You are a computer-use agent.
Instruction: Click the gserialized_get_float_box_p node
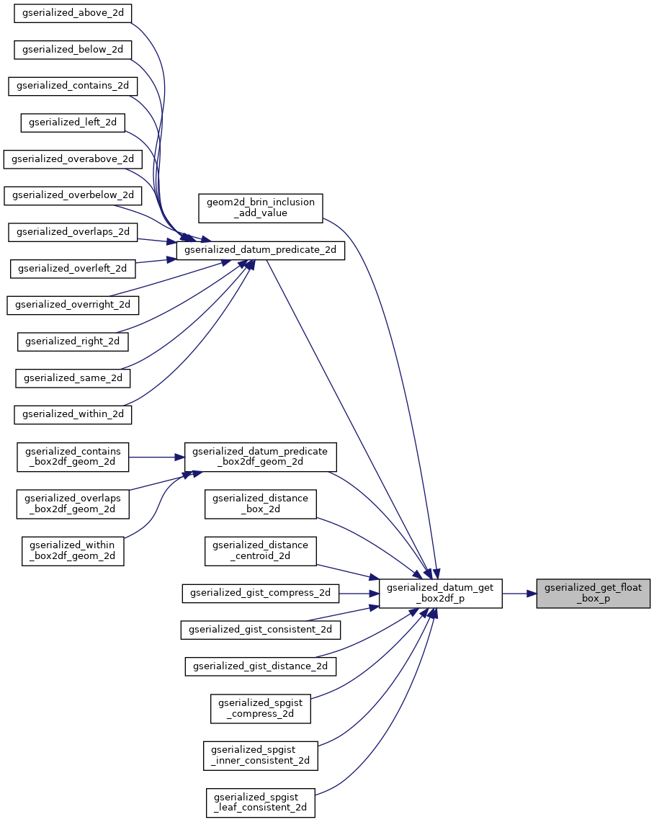[x=593, y=594]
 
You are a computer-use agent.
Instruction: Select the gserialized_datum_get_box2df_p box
[x=440, y=594]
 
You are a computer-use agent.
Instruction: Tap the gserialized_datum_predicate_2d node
[x=261, y=250]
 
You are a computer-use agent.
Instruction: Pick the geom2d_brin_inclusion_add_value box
[x=261, y=207]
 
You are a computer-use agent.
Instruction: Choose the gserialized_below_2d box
[x=73, y=50]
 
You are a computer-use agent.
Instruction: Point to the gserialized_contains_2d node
[x=73, y=86]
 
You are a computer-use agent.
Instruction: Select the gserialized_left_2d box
[x=73, y=122]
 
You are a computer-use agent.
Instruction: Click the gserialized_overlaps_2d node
[x=73, y=232]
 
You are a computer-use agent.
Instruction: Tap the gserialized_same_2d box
[x=73, y=378]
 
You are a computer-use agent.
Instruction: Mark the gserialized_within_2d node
[x=73, y=414]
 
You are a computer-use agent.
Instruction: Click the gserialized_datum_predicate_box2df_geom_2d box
[x=261, y=457]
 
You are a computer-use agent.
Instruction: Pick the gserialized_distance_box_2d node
[x=261, y=504]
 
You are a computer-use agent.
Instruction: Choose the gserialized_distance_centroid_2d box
[x=261, y=550]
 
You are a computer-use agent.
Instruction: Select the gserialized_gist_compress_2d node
[x=260, y=594]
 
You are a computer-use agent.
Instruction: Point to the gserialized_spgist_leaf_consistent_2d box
[x=261, y=803]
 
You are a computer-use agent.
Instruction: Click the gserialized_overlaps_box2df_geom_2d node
[x=73, y=504]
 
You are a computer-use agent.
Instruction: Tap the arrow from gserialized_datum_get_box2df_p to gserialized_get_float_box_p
[x=519, y=594]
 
